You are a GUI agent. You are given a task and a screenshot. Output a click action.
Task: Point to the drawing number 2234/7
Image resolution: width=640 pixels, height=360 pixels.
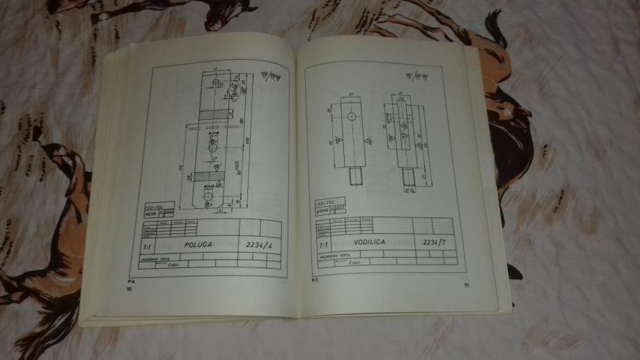[433, 242]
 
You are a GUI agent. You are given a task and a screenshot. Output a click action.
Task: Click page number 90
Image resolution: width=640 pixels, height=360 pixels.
[129, 288]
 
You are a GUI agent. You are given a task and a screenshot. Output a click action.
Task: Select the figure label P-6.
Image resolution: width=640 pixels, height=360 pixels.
[130, 281]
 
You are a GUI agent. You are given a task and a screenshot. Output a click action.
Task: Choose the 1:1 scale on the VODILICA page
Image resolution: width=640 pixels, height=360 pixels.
[323, 245]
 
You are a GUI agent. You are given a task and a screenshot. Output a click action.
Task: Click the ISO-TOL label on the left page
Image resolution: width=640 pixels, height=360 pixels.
[153, 207]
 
